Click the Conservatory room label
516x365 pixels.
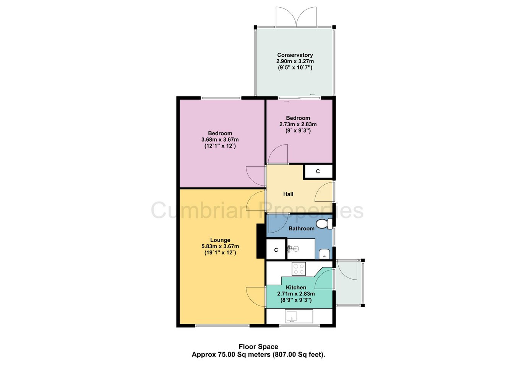(x=295, y=55)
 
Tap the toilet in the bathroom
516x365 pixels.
(x=324, y=224)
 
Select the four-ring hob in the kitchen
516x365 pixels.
(x=299, y=269)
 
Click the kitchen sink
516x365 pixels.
(x=299, y=316)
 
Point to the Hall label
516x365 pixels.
(x=288, y=194)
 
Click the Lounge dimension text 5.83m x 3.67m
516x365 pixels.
(x=220, y=246)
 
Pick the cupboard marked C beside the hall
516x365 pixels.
(x=318, y=171)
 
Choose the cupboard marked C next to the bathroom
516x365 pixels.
(x=276, y=250)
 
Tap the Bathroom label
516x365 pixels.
(x=301, y=228)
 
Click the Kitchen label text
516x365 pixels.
(x=296, y=287)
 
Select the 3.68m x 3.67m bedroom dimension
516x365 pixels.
(x=220, y=140)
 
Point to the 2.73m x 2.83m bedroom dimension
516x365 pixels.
(x=298, y=124)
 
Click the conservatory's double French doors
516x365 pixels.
(x=296, y=17)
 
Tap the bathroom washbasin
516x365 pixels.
(x=325, y=254)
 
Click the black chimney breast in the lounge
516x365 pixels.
(x=261, y=241)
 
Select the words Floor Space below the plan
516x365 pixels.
(x=258, y=347)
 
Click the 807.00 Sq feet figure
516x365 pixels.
(x=298, y=354)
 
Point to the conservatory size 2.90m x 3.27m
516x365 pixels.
(x=295, y=61)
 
